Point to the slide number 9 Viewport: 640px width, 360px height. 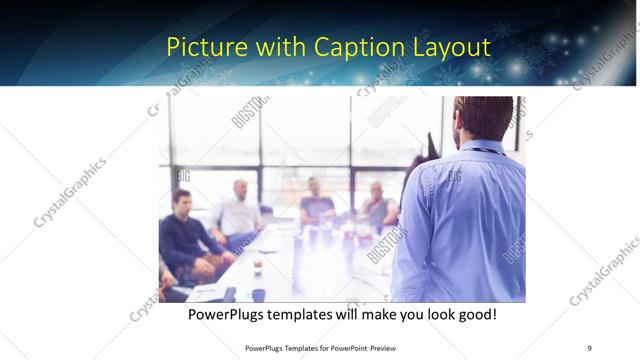(x=589, y=347)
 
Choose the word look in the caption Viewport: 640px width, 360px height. (x=432, y=315)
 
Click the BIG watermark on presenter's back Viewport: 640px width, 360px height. (x=454, y=176)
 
